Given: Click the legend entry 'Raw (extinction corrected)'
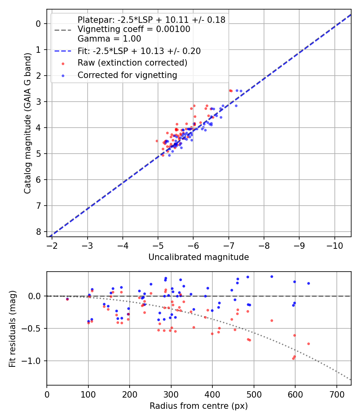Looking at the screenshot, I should tap(132, 63).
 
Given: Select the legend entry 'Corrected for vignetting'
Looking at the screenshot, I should tap(127, 75).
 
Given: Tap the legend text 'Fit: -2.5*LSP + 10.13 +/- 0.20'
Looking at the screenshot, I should tap(139, 51).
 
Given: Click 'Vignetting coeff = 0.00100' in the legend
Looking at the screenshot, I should tap(134, 29).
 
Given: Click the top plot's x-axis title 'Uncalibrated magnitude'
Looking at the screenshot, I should tap(198, 257).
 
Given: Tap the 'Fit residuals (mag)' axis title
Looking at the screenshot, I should tap(12, 328).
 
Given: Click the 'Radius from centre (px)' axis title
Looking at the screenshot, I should tap(198, 406).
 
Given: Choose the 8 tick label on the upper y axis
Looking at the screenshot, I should tap(38, 232).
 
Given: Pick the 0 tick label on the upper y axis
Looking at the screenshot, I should tap(38, 24).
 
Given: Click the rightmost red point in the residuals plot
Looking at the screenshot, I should tap(308, 344).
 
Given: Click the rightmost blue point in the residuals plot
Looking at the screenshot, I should tap(308, 283).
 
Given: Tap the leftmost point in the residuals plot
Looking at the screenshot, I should tap(67, 299).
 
